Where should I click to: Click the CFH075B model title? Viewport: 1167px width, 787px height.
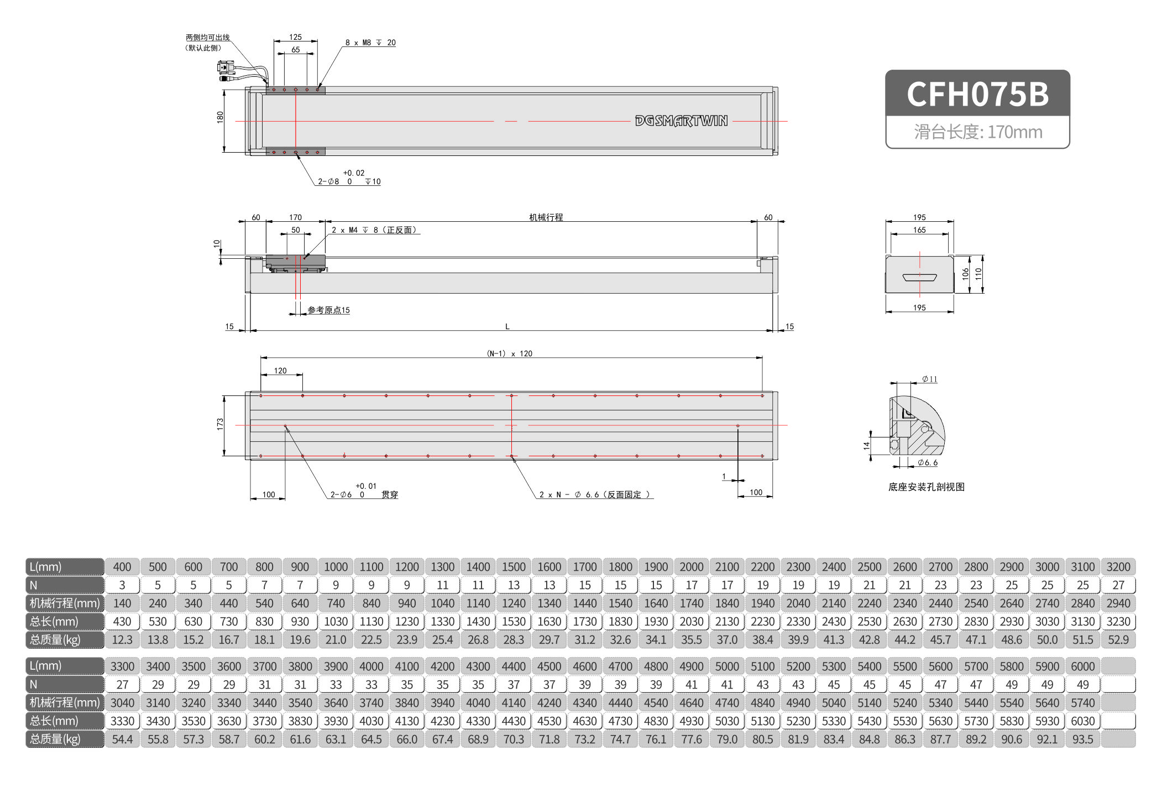(977, 93)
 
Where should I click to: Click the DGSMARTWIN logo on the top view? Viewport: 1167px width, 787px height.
(681, 121)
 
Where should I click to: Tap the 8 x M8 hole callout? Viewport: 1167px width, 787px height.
(370, 43)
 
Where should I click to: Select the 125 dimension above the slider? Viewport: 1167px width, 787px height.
(295, 37)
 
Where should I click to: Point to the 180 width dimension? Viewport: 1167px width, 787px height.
(220, 117)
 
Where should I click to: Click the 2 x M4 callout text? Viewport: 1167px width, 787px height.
(374, 230)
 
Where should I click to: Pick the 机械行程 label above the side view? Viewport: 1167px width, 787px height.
(546, 217)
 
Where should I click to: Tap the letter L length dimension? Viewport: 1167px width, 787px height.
(507, 327)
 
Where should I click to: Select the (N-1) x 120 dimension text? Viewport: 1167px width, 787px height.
(509, 353)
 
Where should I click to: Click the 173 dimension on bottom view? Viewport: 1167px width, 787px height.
(220, 424)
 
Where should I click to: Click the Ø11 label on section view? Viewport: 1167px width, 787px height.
(929, 379)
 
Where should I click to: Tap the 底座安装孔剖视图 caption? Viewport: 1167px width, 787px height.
(926, 487)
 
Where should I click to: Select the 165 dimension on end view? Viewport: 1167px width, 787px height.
(919, 230)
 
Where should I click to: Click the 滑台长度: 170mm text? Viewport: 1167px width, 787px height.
(977, 132)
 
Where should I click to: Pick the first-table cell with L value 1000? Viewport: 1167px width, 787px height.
(336, 567)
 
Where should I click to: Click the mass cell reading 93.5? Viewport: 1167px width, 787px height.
(1082, 739)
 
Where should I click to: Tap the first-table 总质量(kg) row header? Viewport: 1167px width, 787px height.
(65, 640)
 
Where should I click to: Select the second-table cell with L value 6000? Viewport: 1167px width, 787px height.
(1082, 666)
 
